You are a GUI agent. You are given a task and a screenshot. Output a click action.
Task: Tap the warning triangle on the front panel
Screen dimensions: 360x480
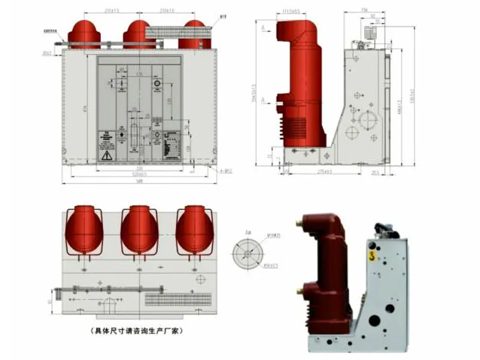[106, 155]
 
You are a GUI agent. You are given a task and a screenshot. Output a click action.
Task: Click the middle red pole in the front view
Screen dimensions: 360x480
[139, 34]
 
